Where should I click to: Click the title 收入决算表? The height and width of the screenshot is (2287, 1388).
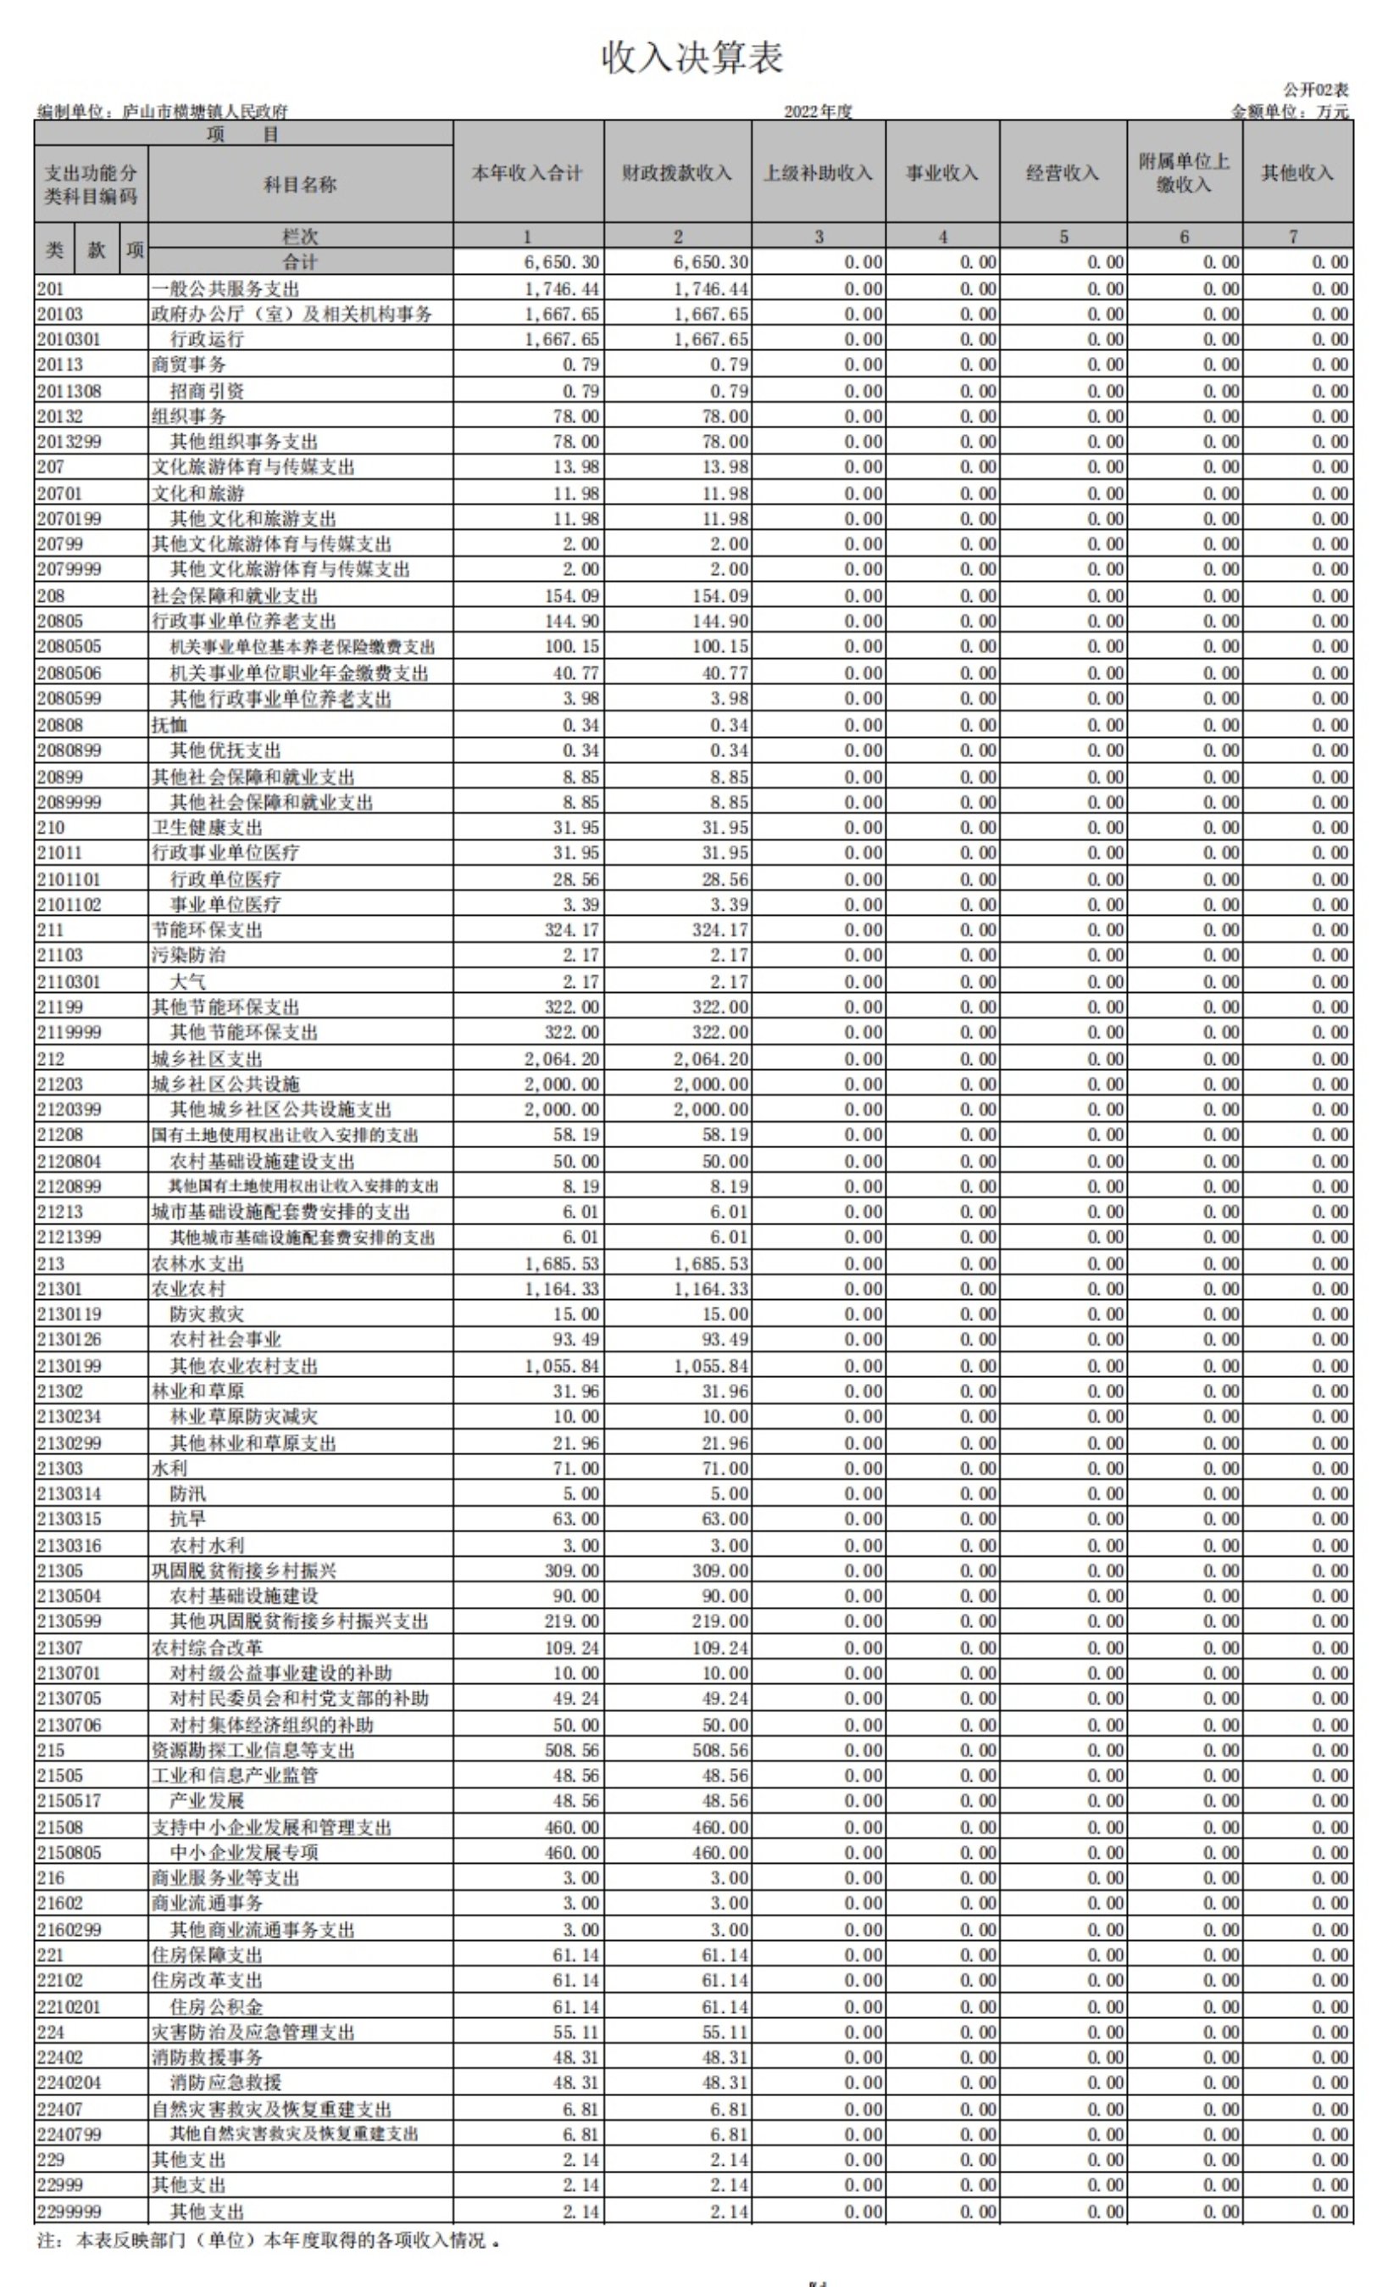tap(692, 58)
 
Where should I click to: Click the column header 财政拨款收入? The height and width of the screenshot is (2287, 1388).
tap(676, 173)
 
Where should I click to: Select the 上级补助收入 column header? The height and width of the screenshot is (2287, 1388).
tap(818, 173)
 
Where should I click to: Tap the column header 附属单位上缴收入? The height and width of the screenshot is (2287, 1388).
tap(1183, 173)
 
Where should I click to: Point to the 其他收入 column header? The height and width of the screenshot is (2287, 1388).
tap(1296, 173)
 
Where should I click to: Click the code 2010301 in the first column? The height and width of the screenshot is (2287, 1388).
tap(69, 340)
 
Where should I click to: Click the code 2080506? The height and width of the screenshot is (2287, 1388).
tap(69, 673)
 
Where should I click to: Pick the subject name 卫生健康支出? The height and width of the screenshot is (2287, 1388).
tap(207, 827)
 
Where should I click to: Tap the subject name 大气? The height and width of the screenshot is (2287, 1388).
tap(187, 981)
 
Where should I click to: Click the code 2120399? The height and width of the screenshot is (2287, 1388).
tap(69, 1109)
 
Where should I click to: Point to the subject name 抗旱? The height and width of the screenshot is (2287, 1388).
tap(187, 1519)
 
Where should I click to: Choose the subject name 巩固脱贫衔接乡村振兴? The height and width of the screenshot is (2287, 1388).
tap(244, 1570)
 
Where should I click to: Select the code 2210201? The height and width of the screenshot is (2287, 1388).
tap(69, 2005)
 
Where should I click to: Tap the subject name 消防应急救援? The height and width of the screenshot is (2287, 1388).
tap(225, 2082)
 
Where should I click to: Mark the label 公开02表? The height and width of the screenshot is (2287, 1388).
tap(1316, 90)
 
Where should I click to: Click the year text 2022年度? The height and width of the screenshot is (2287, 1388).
tap(818, 111)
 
